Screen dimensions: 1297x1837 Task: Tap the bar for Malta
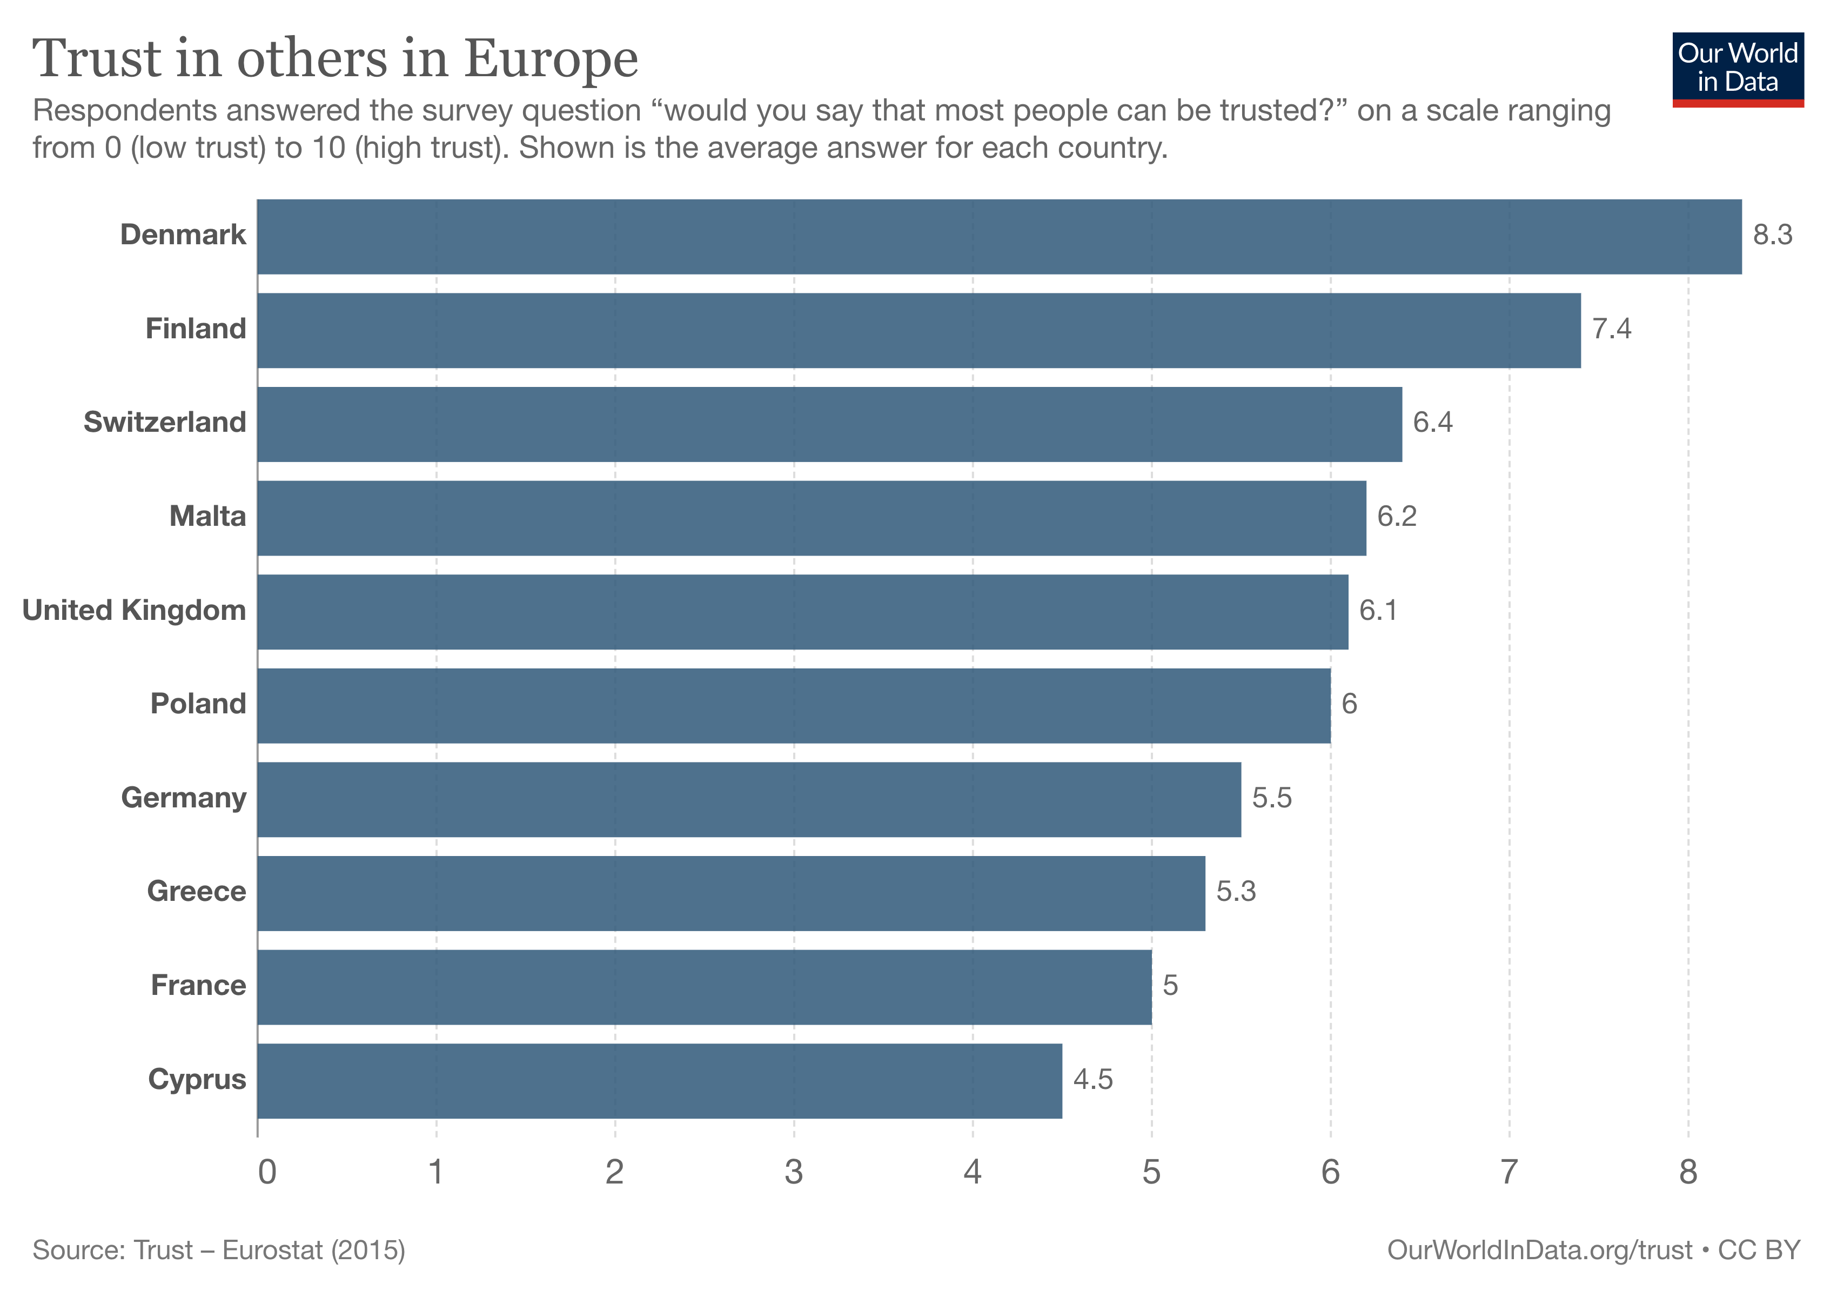pos(812,518)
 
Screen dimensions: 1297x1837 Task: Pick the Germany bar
pos(749,799)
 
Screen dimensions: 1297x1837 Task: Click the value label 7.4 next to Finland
pos(1611,329)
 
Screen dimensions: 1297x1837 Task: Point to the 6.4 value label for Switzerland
pos(1432,423)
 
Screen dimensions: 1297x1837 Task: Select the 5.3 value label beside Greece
pos(1235,891)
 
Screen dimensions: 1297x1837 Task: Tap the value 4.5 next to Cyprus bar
pos(1092,1079)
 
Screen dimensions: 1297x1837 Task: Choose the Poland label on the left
pos(198,704)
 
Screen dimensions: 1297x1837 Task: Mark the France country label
pos(198,985)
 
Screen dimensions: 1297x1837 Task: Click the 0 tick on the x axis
pos(267,1172)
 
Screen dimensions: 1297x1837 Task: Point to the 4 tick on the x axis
pos(972,1172)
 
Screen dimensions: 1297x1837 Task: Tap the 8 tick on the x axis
pos(1687,1172)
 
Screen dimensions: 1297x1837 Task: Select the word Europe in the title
pos(551,59)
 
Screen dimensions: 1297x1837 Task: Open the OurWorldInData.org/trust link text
pos(1539,1250)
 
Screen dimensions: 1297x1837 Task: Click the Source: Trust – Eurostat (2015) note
pos(218,1250)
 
